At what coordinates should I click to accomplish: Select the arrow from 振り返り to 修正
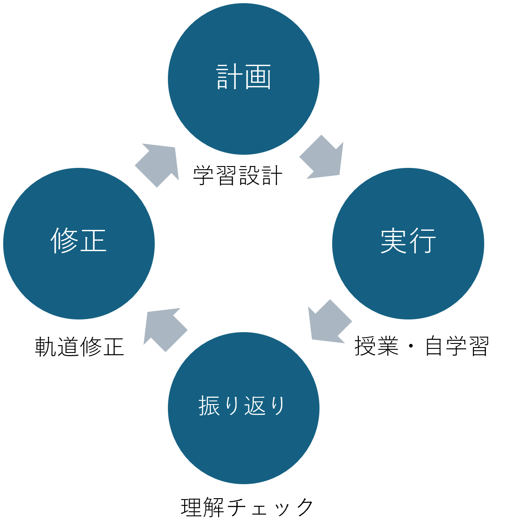coord(164,328)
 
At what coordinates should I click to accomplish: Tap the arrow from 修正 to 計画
coord(157,163)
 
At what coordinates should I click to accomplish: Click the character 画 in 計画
coord(258,77)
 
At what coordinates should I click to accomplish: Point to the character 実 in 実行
coord(394,241)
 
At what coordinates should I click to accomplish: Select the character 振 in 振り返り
coord(210,406)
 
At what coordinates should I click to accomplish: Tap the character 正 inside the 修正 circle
coord(93,241)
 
